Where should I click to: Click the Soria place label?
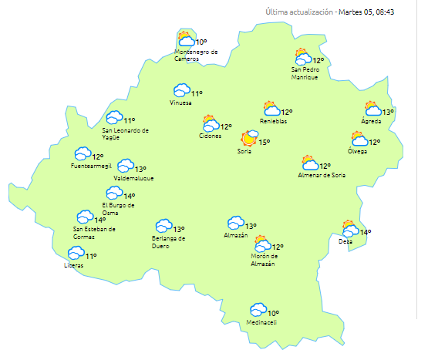point(244,151)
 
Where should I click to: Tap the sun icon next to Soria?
point(249,138)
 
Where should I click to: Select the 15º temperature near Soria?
point(264,142)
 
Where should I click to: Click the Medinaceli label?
point(261,322)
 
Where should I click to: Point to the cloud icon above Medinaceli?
point(258,309)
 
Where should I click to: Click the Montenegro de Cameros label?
point(196,56)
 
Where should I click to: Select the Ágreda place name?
point(371,122)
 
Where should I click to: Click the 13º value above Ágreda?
point(388,113)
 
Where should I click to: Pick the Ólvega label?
point(357,151)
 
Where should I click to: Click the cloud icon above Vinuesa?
point(182,91)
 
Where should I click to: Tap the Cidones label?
point(210,136)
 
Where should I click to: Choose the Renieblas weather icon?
point(271,109)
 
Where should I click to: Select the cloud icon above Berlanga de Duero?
point(163,226)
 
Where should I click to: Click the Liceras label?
point(75,265)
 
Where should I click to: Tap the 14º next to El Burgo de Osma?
point(130,197)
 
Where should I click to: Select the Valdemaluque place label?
point(133,178)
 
